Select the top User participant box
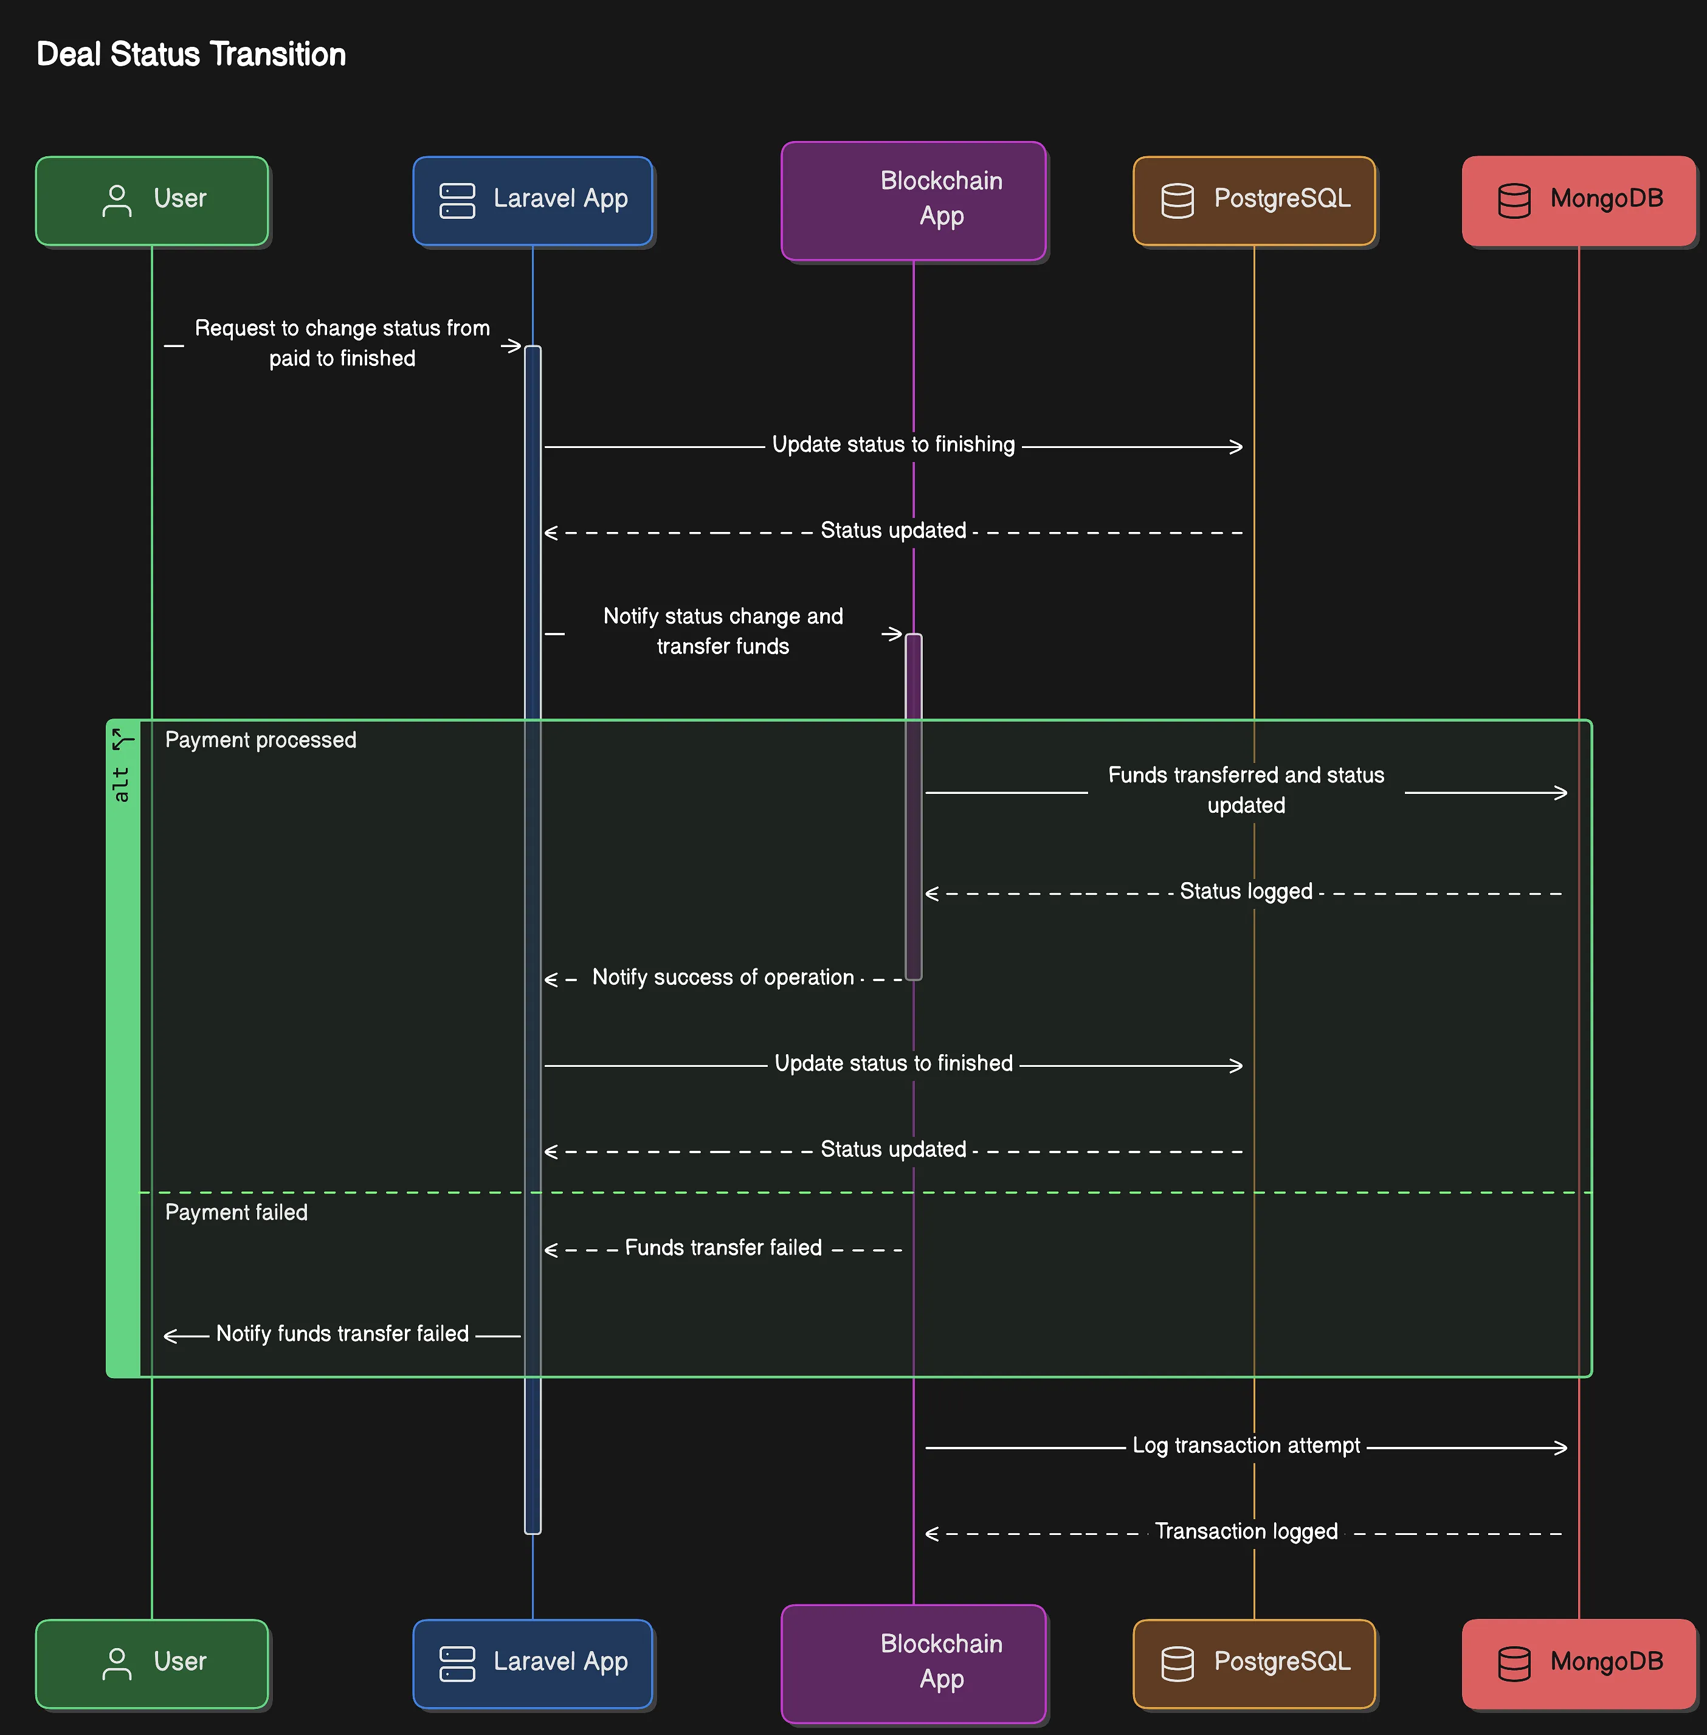(x=151, y=200)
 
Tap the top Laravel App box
(x=533, y=200)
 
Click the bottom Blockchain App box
(x=914, y=1661)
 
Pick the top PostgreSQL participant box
(x=1254, y=200)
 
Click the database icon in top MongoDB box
(x=1514, y=201)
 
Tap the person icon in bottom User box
(x=117, y=1663)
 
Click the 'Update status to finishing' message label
(x=893, y=445)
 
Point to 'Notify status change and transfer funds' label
(x=723, y=631)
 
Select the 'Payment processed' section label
(x=260, y=740)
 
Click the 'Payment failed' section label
(x=236, y=1212)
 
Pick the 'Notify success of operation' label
(x=723, y=978)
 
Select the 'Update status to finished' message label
(x=893, y=1063)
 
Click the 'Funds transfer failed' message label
(x=723, y=1248)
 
